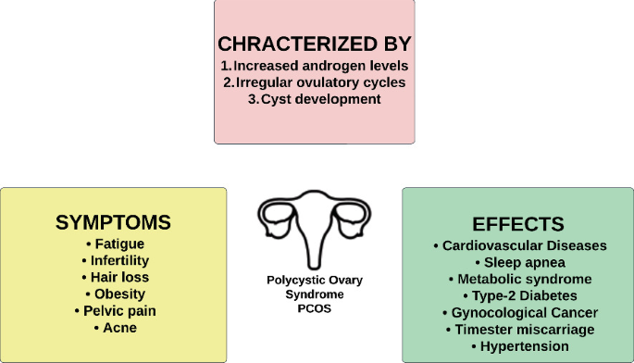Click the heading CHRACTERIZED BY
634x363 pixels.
(x=315, y=44)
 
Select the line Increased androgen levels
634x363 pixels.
(x=315, y=66)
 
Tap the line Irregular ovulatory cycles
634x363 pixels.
(x=315, y=82)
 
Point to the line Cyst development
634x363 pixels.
(x=315, y=99)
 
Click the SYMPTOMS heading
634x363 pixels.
(x=113, y=222)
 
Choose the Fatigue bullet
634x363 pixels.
(x=113, y=244)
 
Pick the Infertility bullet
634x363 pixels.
(x=113, y=260)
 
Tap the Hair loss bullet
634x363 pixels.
(x=113, y=277)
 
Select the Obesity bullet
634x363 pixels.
(x=113, y=294)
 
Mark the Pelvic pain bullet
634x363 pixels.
(x=113, y=310)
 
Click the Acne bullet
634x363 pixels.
(x=113, y=327)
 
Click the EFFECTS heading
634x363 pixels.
(x=518, y=224)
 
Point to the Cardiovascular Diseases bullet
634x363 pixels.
(x=518, y=245)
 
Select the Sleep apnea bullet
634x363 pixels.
(x=518, y=262)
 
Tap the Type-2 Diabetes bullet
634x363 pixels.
(x=518, y=295)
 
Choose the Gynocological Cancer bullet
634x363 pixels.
(x=518, y=312)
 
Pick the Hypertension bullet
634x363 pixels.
(x=518, y=345)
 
